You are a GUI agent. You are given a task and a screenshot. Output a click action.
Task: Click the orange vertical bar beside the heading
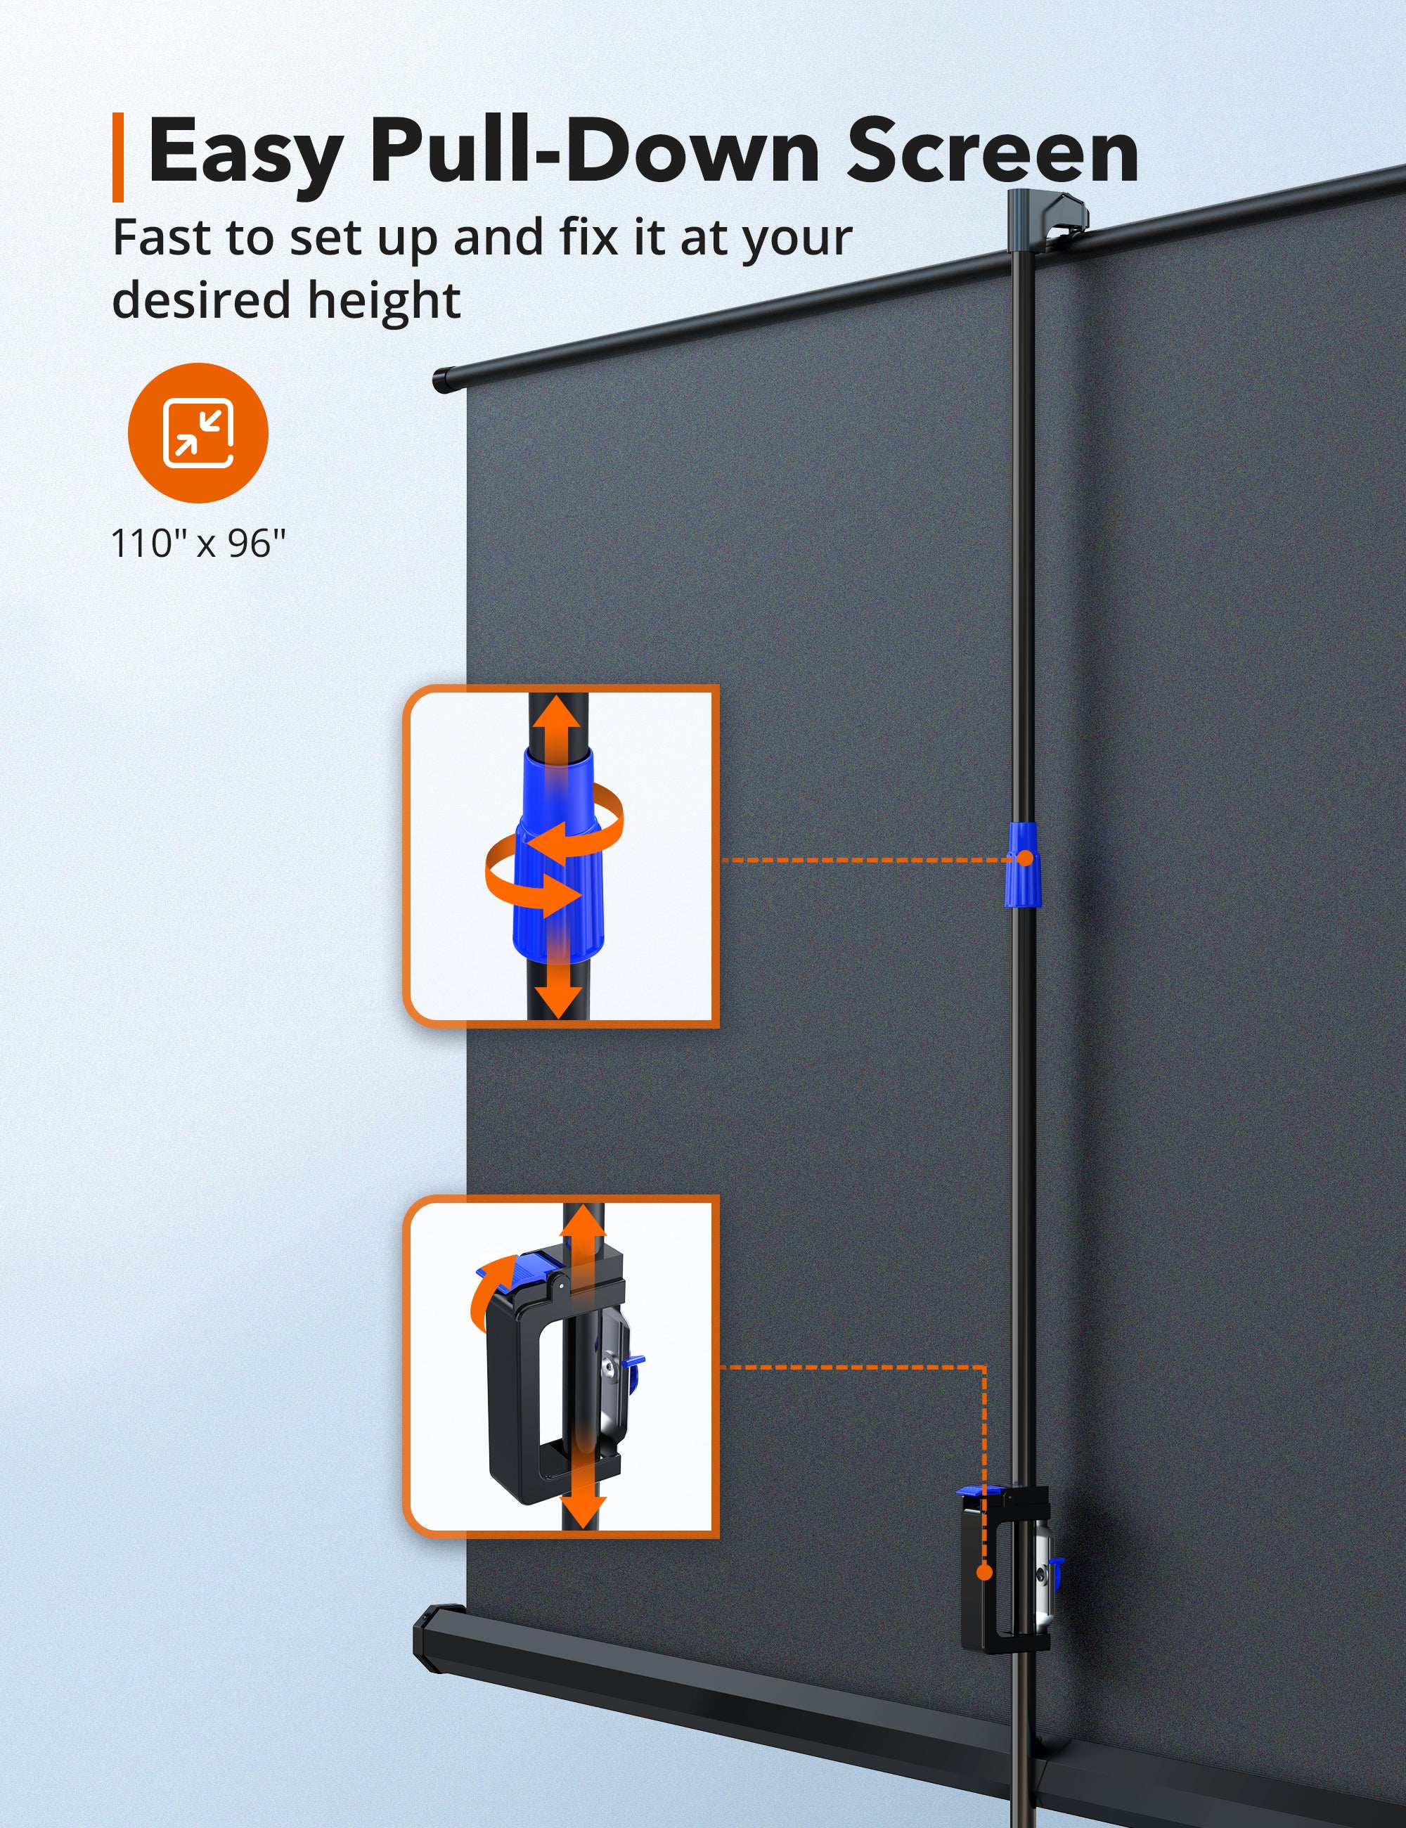[x=118, y=157]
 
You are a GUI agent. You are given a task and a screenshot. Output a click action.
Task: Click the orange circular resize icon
[x=198, y=432]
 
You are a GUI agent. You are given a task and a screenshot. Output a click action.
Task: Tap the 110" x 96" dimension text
[x=198, y=544]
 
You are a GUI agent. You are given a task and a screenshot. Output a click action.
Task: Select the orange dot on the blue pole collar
[x=1024, y=858]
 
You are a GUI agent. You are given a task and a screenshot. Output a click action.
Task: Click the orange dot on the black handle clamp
[x=985, y=1573]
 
